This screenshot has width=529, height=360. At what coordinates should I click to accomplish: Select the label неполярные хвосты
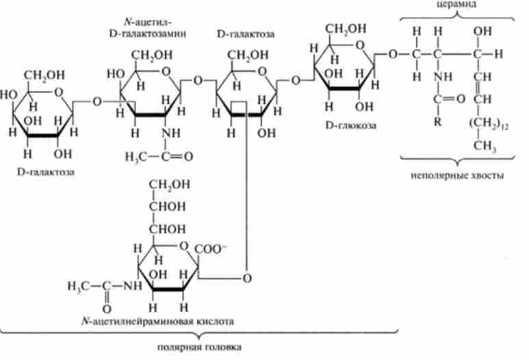(x=458, y=175)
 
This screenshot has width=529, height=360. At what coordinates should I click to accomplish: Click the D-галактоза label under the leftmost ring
(x=46, y=172)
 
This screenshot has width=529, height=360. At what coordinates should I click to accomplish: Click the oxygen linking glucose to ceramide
(x=392, y=53)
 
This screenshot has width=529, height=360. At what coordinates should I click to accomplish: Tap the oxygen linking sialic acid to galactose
(x=247, y=277)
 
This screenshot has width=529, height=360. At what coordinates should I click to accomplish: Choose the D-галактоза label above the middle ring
(x=240, y=33)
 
